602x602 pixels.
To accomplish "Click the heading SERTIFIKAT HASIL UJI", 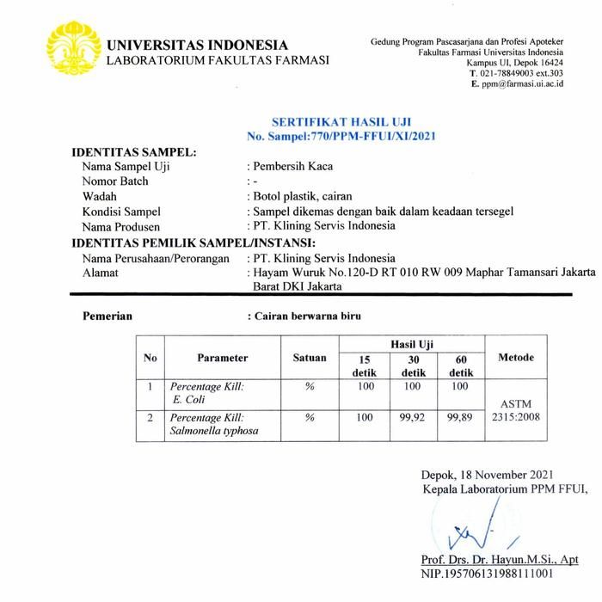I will click(x=329, y=123).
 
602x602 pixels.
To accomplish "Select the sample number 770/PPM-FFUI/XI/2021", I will click(x=366, y=137).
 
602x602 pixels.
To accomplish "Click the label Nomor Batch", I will click(x=115, y=181).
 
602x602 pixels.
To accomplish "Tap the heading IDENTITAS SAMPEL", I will click(x=133, y=152).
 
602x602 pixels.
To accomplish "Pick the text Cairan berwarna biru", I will click(x=307, y=316).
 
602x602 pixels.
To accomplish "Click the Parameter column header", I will click(x=222, y=358).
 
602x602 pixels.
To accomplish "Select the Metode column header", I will click(x=516, y=358).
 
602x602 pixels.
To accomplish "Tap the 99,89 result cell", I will click(x=461, y=418).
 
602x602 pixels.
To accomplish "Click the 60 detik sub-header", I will click(x=461, y=365).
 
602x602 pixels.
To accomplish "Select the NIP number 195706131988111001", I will click(x=487, y=574).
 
